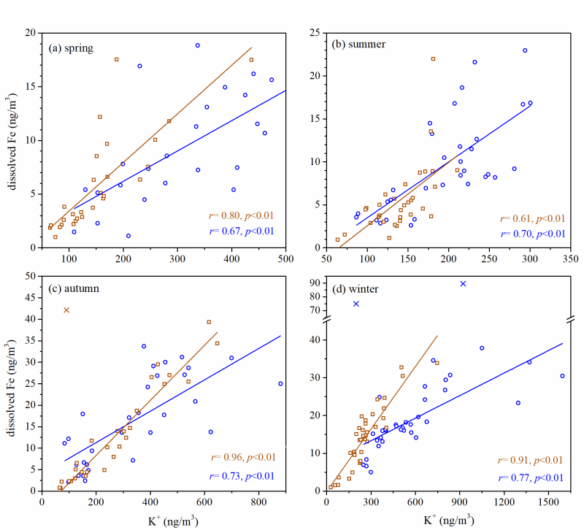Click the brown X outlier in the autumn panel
(66, 310)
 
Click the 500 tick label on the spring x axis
(285, 258)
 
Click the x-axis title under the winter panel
(448, 520)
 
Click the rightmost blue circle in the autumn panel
(280, 383)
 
